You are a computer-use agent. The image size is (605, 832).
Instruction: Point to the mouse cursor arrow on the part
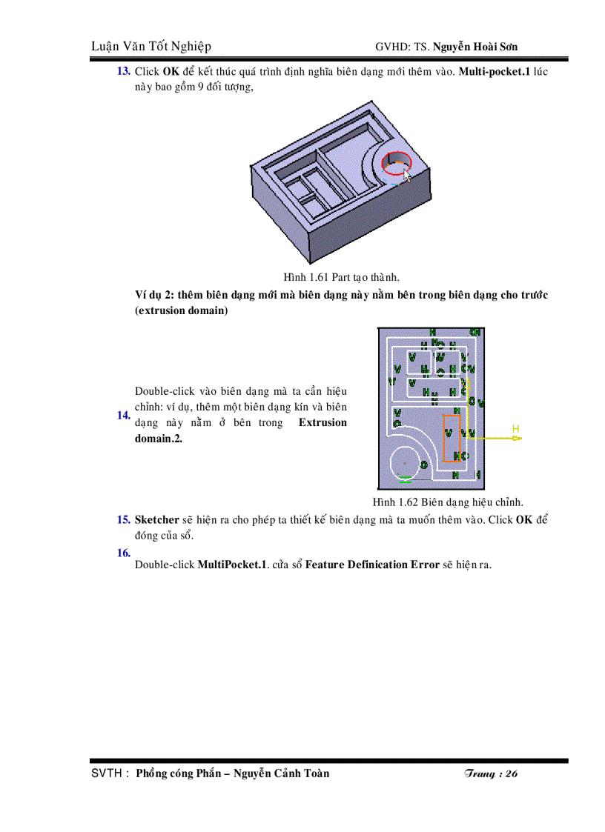click(x=406, y=174)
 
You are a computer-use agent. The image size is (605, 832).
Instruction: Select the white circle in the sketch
click(x=405, y=462)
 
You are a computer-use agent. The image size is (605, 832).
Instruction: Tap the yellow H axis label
click(x=515, y=429)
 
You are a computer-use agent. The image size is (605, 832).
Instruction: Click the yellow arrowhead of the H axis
click(x=517, y=438)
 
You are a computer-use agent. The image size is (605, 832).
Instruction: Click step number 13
click(x=124, y=72)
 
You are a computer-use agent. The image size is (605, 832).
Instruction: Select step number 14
click(x=124, y=415)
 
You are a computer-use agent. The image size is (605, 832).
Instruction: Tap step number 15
click(x=124, y=519)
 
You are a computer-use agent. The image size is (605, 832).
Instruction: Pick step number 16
click(x=124, y=553)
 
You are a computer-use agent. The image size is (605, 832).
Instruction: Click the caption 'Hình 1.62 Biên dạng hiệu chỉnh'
click(x=448, y=502)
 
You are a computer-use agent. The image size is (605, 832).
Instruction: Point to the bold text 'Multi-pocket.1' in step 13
click(x=495, y=72)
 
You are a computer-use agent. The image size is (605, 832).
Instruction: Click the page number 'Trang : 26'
click(x=490, y=773)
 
